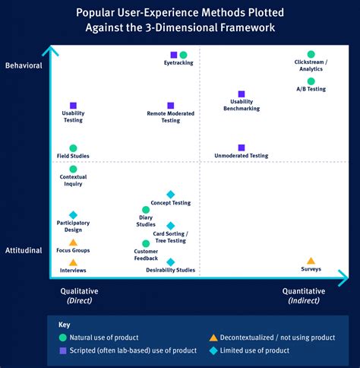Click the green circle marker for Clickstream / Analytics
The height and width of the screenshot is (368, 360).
311,55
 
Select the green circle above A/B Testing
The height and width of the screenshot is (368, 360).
311,81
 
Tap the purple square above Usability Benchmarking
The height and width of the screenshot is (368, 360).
242,94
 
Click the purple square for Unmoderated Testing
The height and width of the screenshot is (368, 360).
242,148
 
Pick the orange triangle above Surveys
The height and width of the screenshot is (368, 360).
311,261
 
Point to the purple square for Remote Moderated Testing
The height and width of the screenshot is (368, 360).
170,106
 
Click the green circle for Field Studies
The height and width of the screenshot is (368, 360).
73,148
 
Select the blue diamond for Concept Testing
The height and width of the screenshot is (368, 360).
170,195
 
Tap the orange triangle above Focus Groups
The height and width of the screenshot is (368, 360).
73,243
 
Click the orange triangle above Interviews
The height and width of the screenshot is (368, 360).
73,262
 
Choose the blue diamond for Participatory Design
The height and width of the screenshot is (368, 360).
73,215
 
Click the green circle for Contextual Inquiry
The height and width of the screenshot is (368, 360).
73,170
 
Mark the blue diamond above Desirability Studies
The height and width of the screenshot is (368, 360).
170,262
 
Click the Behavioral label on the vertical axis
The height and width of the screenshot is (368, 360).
23,66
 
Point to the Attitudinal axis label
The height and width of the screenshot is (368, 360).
23,250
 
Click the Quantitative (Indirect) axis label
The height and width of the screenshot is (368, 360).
304,295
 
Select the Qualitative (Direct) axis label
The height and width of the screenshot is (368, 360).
79,295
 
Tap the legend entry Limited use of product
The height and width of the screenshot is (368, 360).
255,351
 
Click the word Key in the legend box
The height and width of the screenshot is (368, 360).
65,324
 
